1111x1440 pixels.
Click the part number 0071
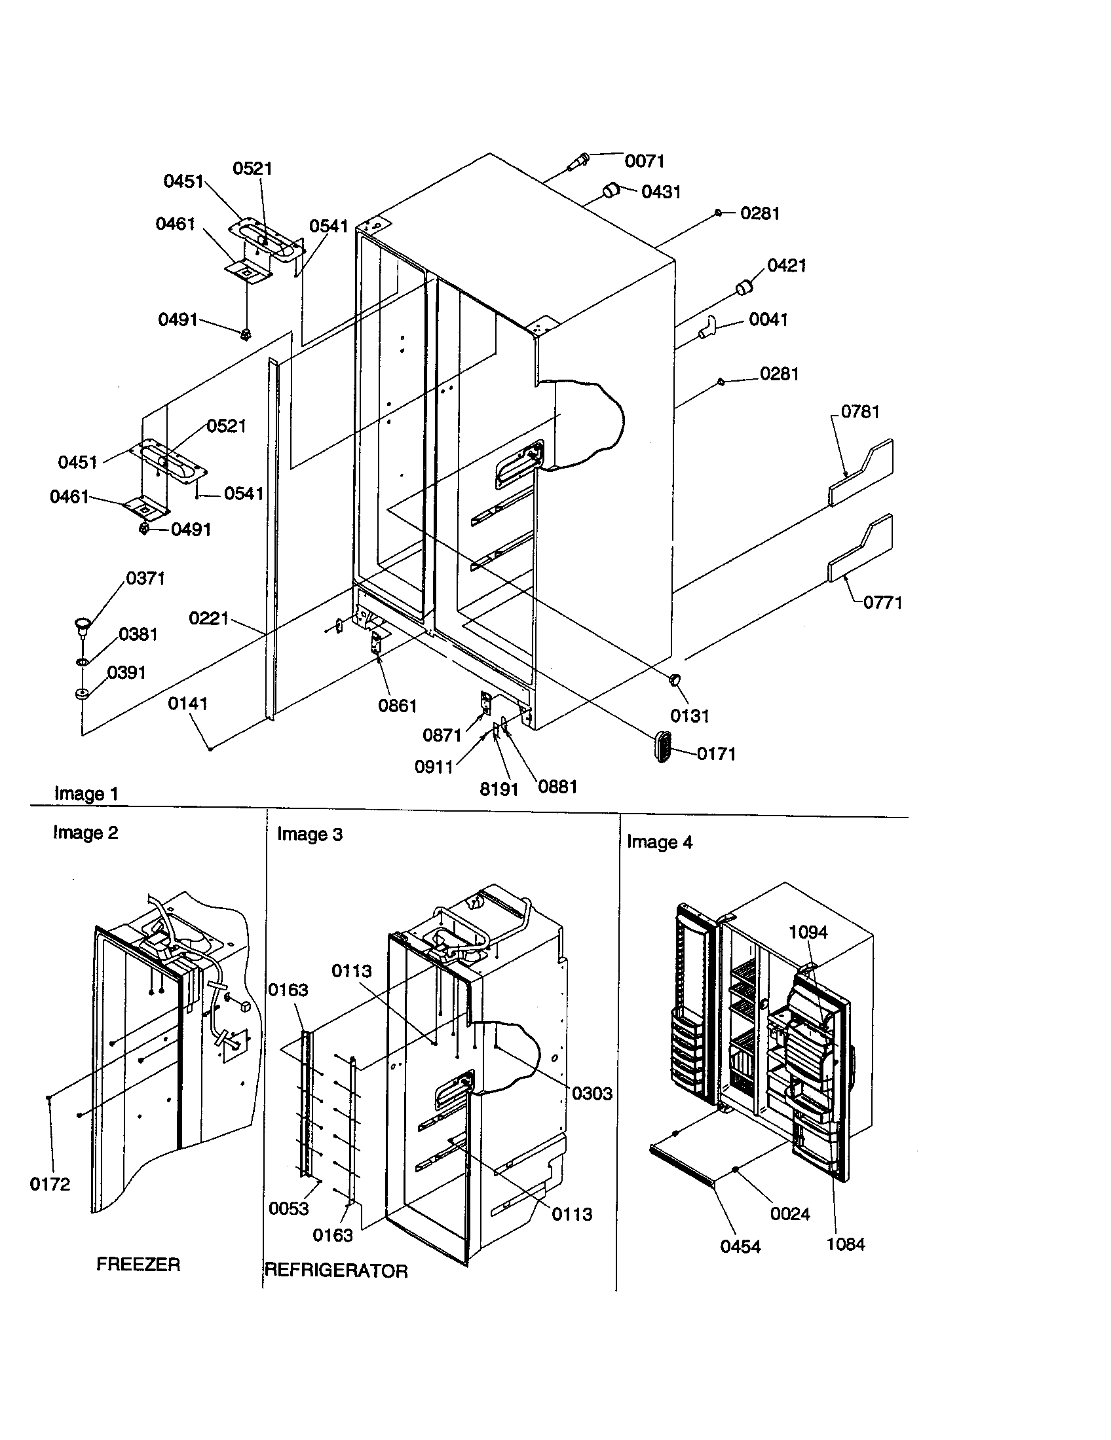coord(644,161)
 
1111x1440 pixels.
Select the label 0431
coord(661,192)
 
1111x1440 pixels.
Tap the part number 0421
coord(786,265)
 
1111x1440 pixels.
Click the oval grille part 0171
coord(663,747)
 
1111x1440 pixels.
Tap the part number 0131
coord(689,715)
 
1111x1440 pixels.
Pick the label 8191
coord(499,789)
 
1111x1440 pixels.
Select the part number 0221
coord(208,619)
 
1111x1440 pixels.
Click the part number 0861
coord(397,706)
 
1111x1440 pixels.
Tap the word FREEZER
coord(138,1264)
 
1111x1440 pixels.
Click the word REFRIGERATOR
coord(336,1270)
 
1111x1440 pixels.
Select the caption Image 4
coord(659,842)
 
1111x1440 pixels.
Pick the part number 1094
coord(808,931)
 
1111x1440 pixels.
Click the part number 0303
coord(592,1093)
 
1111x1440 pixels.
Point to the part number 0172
coord(50,1184)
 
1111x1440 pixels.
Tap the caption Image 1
coord(86,793)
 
